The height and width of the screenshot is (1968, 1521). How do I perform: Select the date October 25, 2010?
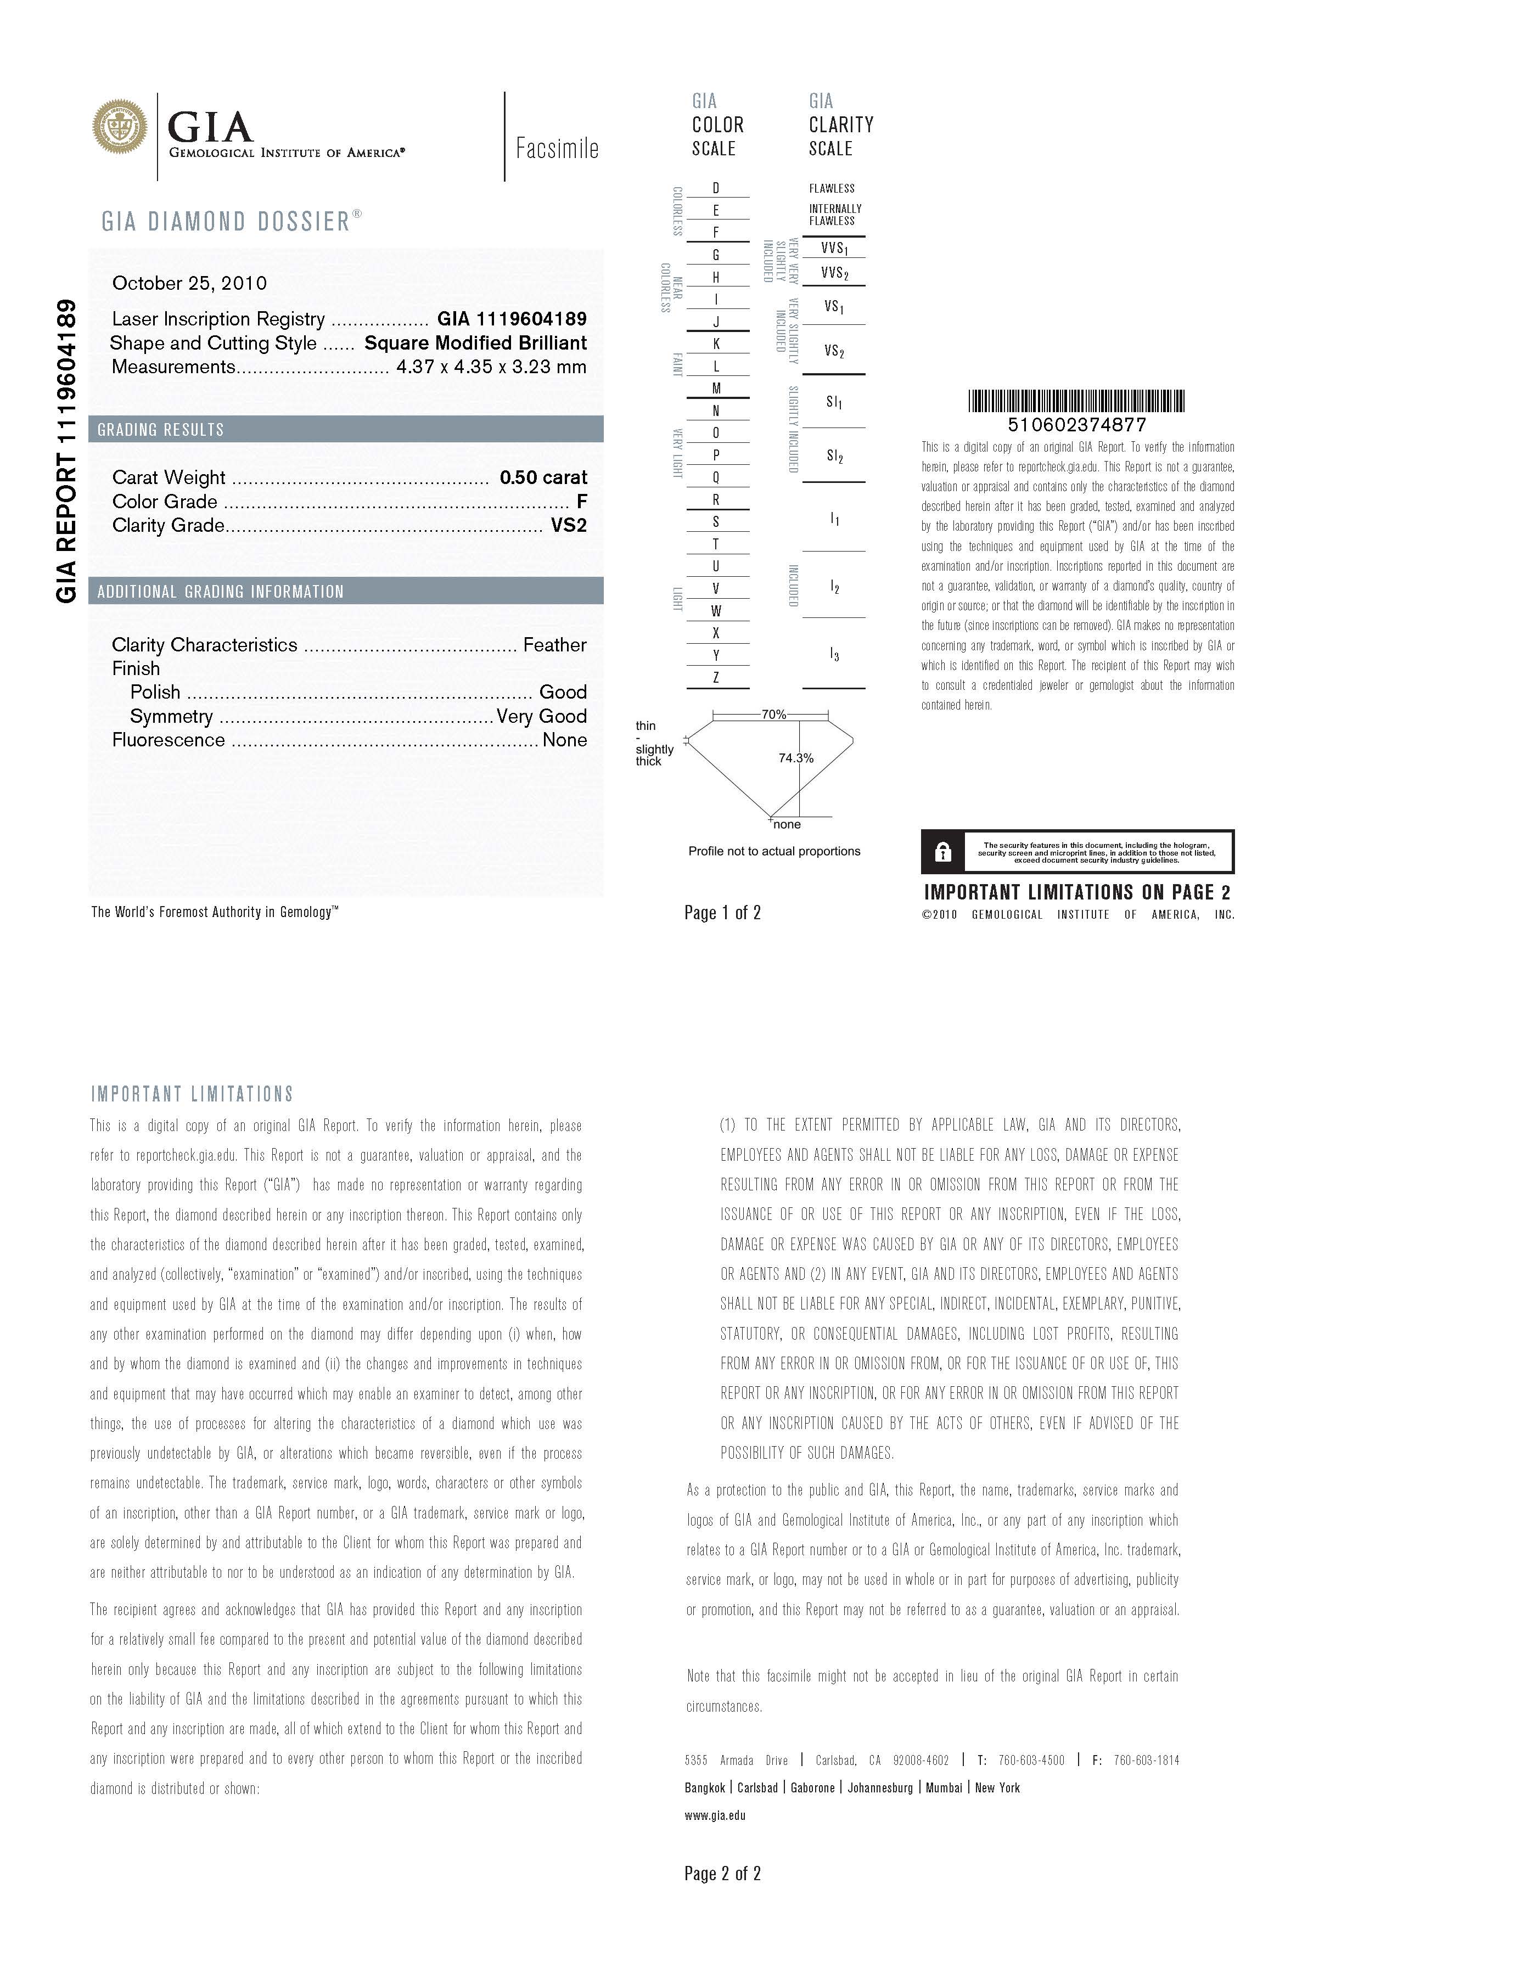[189, 283]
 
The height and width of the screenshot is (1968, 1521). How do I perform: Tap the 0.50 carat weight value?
[543, 477]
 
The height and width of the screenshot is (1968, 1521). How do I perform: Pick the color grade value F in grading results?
[582, 502]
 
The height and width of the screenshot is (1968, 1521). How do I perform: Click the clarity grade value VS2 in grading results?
[569, 525]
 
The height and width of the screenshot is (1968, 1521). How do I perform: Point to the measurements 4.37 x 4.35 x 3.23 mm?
[491, 367]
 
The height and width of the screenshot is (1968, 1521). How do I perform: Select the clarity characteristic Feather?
[554, 645]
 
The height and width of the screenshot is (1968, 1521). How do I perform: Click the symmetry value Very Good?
[542, 716]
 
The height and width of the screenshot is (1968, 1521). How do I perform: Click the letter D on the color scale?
[716, 188]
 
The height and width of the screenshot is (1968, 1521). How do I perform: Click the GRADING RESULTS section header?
[161, 430]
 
